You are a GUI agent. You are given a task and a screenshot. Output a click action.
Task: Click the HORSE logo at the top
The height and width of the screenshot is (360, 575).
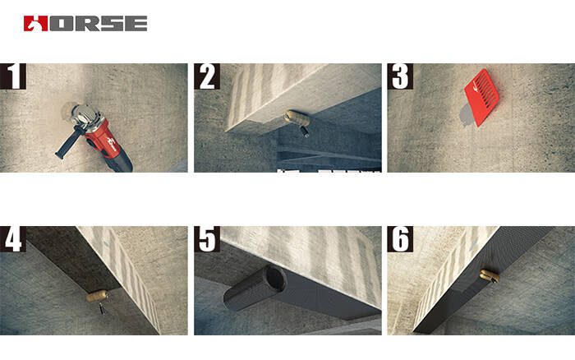(x=85, y=23)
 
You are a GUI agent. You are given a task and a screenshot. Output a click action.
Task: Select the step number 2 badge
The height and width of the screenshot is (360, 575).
(x=207, y=76)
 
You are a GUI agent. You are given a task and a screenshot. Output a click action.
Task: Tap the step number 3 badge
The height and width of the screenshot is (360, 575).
(x=400, y=76)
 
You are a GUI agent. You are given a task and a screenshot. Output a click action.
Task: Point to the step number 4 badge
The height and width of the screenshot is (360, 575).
(x=14, y=239)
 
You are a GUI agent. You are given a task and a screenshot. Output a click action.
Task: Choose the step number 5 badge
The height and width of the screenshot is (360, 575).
(x=207, y=239)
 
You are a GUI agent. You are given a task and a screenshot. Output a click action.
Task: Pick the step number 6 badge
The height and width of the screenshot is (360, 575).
(x=400, y=239)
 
